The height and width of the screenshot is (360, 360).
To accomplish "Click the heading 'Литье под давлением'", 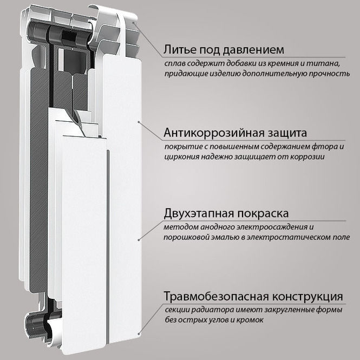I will [x=222, y=50].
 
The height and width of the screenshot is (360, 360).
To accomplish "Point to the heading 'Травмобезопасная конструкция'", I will [x=253, y=297].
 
